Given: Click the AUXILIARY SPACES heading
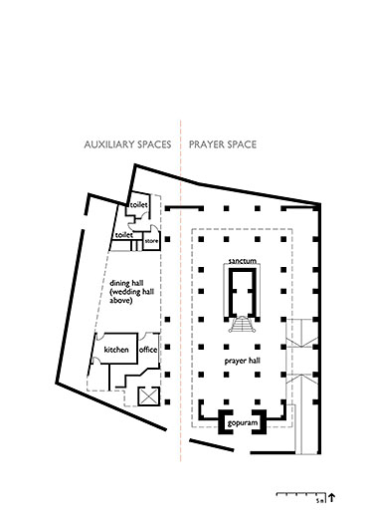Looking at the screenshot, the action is pos(127,144).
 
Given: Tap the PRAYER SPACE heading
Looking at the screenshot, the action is pos(223,144).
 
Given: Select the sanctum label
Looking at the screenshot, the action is pos(243,261).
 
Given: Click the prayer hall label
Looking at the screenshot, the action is pos(243,361).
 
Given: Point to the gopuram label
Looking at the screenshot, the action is pos(243,423).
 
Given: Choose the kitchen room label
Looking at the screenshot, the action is pos(116,350).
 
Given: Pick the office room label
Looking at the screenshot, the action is pos(148,350).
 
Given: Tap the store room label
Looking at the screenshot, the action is pos(151,241).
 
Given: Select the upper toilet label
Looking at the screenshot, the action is pos(138,205).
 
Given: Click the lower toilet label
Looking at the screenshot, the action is pos(123,235).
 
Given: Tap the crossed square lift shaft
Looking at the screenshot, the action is pos(148,396).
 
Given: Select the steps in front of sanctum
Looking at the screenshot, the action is pos(243,325).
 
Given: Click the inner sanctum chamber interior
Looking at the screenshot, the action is pos(243,292).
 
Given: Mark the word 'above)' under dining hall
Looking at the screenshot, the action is pos(120,301).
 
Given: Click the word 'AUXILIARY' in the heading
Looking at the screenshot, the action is pos(109,144).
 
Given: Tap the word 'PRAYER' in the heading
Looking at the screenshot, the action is pos(204,144).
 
